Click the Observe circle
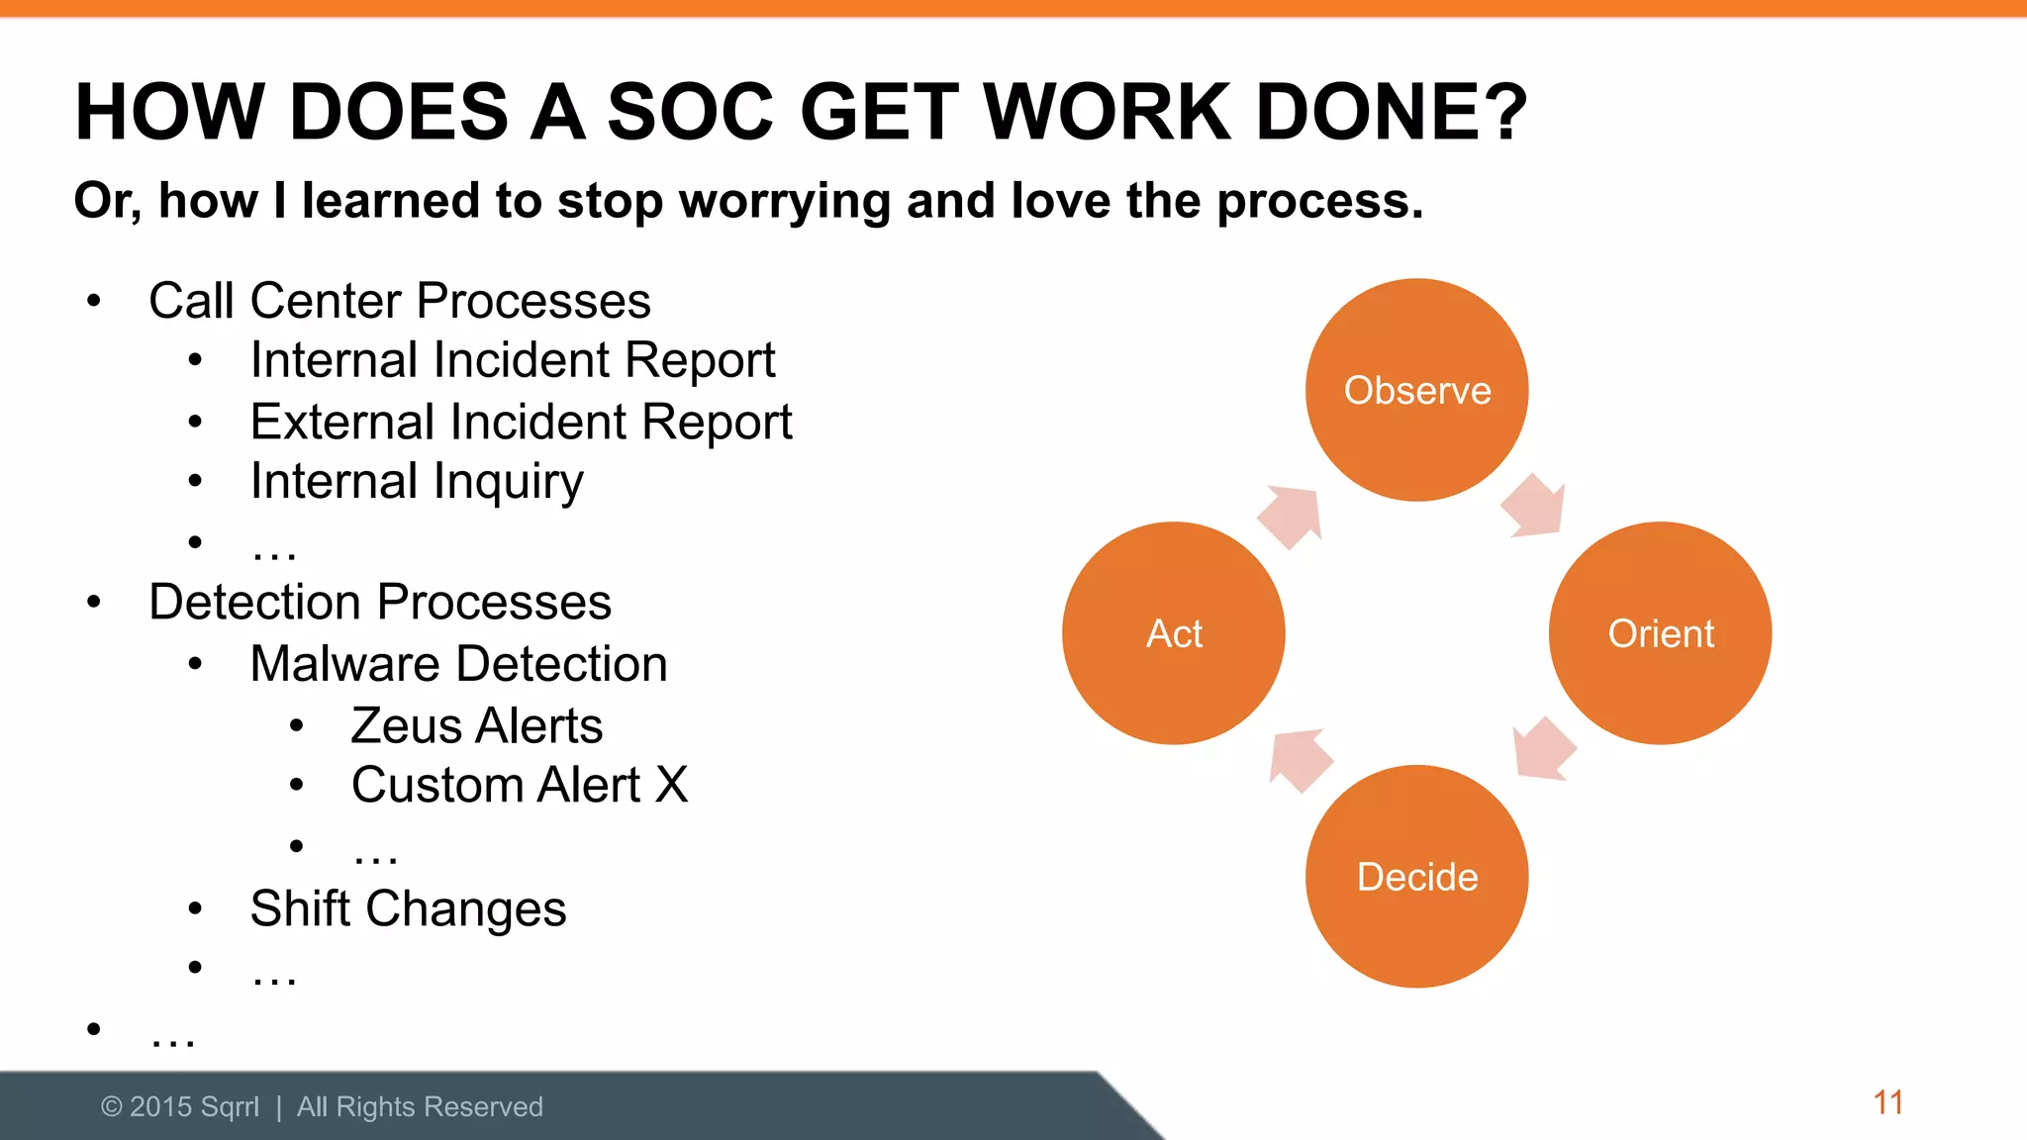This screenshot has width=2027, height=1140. [1416, 390]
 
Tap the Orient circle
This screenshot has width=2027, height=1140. [1660, 633]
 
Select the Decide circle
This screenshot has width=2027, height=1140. [1416, 877]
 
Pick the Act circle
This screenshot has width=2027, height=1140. [1174, 633]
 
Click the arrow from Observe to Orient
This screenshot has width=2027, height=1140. [1534, 507]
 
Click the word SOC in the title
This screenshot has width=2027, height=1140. [690, 111]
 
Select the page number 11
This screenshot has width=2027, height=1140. [1887, 1102]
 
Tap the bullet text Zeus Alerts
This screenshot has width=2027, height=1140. [477, 725]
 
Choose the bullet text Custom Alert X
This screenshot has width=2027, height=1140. [520, 786]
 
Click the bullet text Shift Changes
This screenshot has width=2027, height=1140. [408, 908]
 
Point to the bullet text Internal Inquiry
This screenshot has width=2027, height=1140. [417, 482]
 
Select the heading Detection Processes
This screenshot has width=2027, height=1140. [380, 602]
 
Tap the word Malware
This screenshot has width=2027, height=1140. [342, 664]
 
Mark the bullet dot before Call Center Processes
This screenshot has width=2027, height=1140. [94, 301]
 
